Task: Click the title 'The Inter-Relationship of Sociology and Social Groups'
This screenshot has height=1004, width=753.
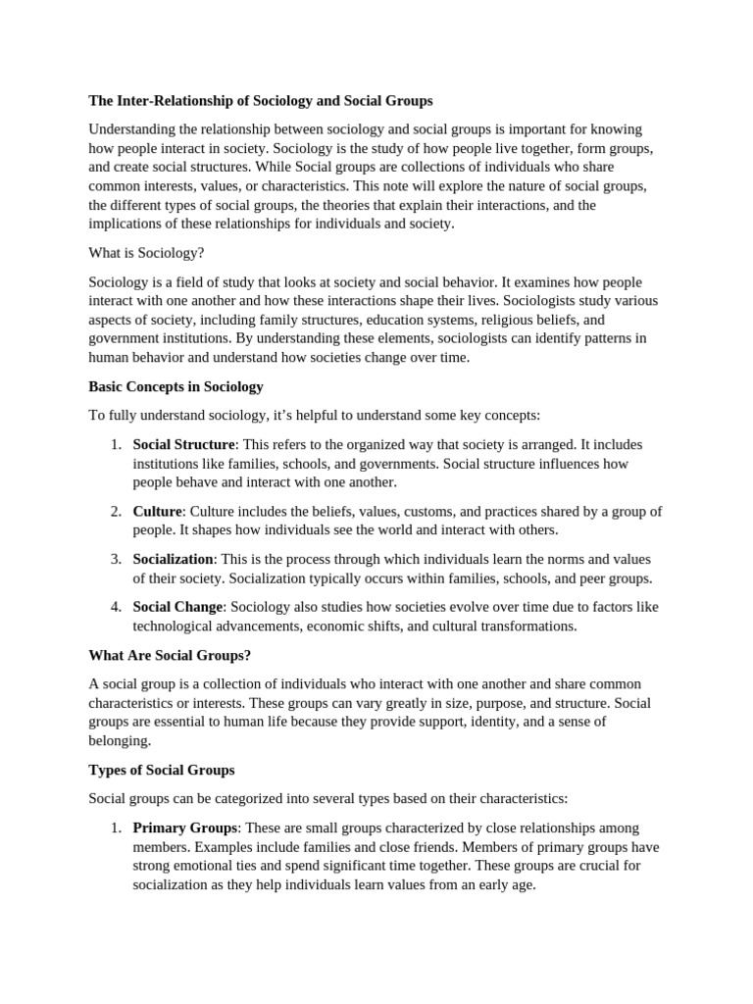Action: coord(260,101)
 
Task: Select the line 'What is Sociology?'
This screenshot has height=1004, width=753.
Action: coord(146,252)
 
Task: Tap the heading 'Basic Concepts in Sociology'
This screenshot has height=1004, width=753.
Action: coord(176,386)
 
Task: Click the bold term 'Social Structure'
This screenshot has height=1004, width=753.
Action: coord(183,444)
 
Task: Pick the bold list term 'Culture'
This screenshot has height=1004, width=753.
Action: coord(157,511)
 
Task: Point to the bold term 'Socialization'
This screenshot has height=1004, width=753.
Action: coord(173,559)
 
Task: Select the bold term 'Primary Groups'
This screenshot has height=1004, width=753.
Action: coord(184,828)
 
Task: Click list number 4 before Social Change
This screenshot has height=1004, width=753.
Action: coord(115,607)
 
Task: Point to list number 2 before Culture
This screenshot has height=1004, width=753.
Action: coord(115,511)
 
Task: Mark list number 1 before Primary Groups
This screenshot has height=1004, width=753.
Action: coord(115,828)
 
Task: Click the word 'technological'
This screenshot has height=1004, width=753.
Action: coord(174,626)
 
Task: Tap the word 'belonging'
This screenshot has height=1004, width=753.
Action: coord(119,740)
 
